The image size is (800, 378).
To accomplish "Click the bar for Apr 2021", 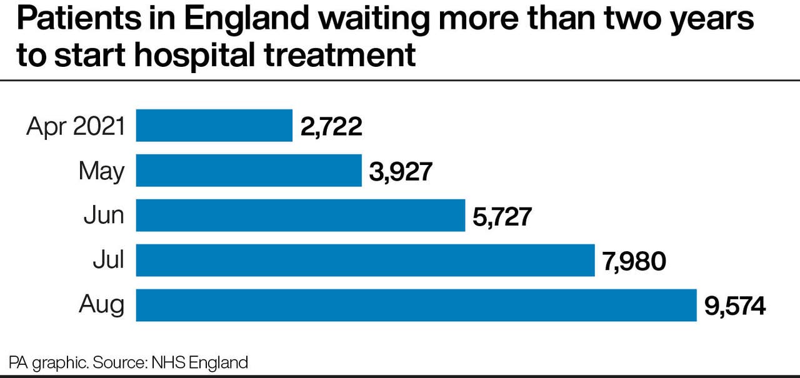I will point(214,126).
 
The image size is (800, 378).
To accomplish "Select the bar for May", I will point(249,171).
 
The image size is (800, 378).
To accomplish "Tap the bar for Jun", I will point(301,216).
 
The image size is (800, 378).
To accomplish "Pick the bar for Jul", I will point(365,261).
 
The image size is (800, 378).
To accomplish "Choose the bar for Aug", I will point(416,306).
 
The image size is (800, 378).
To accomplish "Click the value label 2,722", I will point(331,127).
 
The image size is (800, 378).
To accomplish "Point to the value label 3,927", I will point(401,172).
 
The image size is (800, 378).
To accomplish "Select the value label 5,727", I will point(504,217).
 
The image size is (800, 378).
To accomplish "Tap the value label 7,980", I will point(634,262).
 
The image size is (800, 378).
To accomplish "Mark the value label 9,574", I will point(735,307).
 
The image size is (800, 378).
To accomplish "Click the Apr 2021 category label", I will point(76,127).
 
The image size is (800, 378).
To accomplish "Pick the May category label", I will point(101,171).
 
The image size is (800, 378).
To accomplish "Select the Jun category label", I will point(104,216).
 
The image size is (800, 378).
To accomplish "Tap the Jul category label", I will point(108,261).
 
